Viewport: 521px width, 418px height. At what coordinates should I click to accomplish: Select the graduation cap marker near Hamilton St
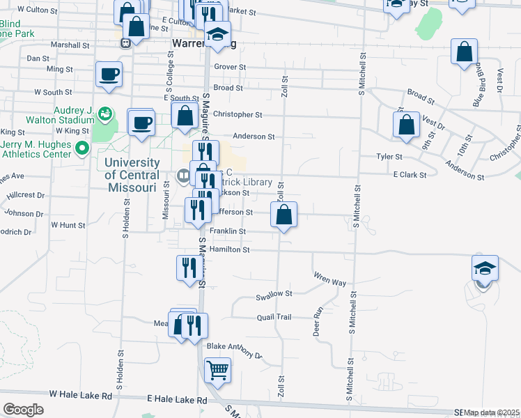pyautogui.click(x=485, y=268)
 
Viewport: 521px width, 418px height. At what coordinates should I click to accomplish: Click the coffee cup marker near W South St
pyautogui.click(x=109, y=74)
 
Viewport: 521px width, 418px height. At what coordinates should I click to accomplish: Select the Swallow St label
pyautogui.click(x=274, y=295)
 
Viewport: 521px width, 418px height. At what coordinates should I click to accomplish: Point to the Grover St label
pyautogui.click(x=231, y=67)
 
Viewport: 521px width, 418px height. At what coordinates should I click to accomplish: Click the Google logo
pyautogui.click(x=23, y=410)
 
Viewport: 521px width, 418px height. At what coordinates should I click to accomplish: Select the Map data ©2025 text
pyautogui.click(x=491, y=412)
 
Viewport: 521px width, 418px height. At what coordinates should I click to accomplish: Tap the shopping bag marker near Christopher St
pyautogui.click(x=185, y=115)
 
